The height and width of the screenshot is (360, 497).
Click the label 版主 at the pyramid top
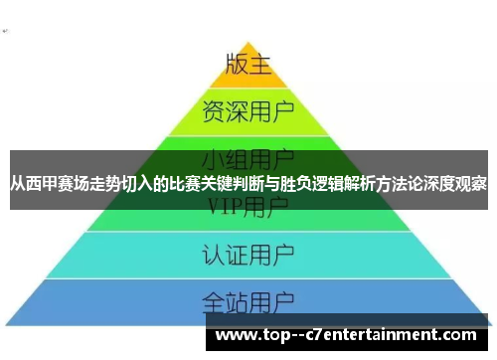coord(248,66)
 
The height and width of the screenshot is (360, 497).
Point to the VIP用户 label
coord(248,207)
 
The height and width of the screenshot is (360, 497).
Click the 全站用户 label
coord(248,299)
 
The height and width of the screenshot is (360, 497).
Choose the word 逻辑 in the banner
coord(333,184)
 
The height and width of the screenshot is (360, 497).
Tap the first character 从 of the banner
coord(17,184)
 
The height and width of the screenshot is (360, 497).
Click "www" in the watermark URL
coord(237,335)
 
